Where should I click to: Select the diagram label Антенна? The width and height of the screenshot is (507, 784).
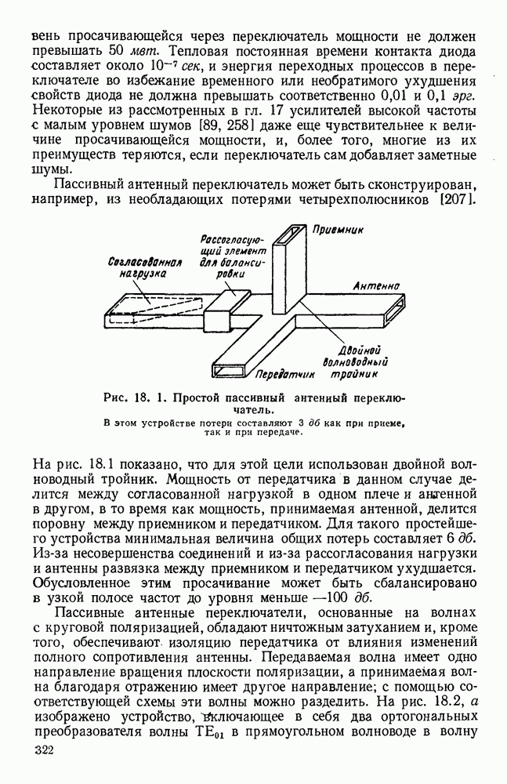[x=378, y=287]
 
